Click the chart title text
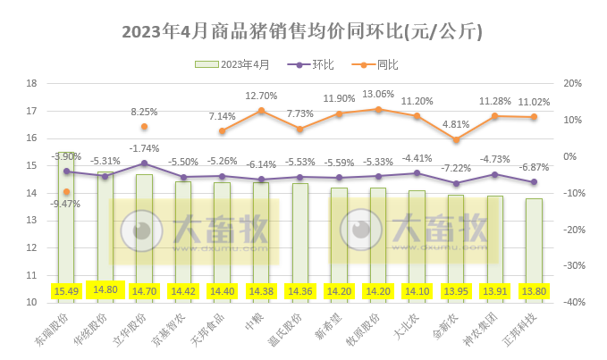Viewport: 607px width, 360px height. click(x=302, y=32)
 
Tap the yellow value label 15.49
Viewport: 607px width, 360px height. click(x=67, y=290)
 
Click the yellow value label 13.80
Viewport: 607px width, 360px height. click(x=534, y=290)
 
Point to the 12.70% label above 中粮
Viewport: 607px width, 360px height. click(x=261, y=96)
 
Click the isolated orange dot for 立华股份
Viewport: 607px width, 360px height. click(x=144, y=127)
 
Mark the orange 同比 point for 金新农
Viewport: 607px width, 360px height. click(x=456, y=139)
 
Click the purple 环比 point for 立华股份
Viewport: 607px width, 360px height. click(x=144, y=163)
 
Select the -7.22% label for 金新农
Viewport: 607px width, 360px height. click(x=456, y=168)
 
